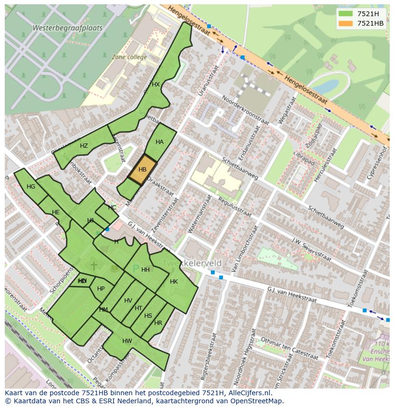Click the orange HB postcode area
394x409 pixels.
pyautogui.click(x=142, y=170)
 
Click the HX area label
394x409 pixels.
pyautogui.click(x=156, y=85)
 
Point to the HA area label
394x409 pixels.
pyautogui.click(x=159, y=142)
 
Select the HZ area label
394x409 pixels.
pyautogui.click(x=84, y=146)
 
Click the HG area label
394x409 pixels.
pyautogui.click(x=31, y=187)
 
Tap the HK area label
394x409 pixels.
pyautogui.click(x=174, y=282)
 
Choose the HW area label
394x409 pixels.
pyautogui.click(x=127, y=341)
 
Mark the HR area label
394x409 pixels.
pyautogui.click(x=158, y=323)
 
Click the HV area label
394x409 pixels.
pyautogui.click(x=128, y=301)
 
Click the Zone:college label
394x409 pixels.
pyautogui.click(x=129, y=57)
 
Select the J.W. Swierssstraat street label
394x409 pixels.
pyautogui.click(x=311, y=250)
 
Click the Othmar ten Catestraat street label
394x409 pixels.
pyautogui.click(x=290, y=348)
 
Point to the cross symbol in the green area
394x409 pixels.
pyautogui.click(x=94, y=266)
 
